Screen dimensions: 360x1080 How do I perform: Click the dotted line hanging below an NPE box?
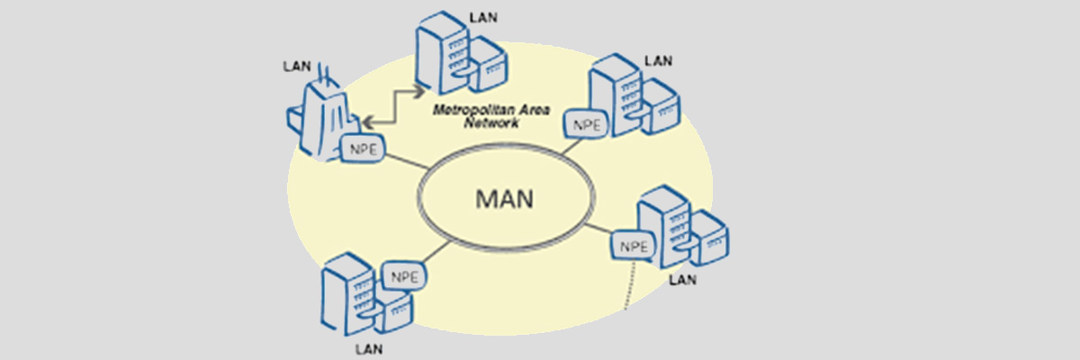(629, 284)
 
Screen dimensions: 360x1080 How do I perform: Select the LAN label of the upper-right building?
(658, 61)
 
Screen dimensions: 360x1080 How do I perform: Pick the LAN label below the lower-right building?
(683, 280)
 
